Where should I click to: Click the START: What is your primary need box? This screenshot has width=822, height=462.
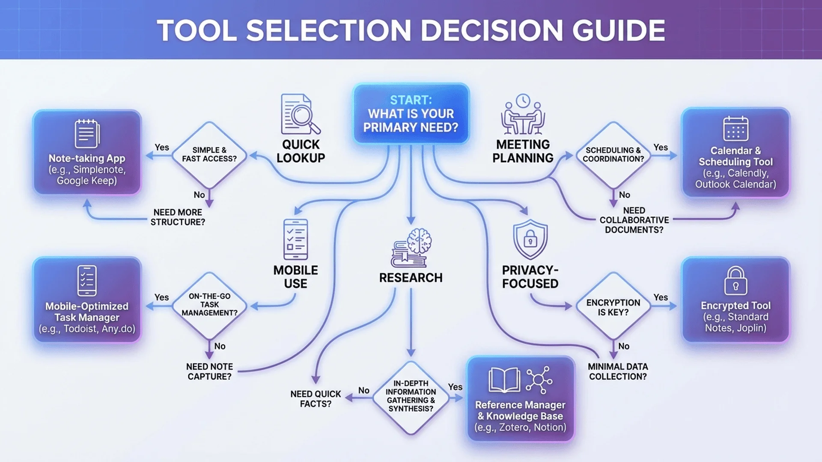coord(411,114)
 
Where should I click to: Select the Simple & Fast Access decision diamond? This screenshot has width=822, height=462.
coord(209,155)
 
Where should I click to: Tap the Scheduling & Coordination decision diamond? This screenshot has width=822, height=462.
coord(613,155)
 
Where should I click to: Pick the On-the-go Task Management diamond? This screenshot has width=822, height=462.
coord(209,305)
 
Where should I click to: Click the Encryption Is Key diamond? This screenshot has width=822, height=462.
coord(613,306)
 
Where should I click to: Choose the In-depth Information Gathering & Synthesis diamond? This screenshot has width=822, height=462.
coord(411,397)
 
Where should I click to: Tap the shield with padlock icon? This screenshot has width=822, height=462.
coord(530,239)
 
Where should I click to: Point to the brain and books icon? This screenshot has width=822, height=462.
coord(411,248)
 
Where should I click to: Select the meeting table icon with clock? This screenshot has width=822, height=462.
coord(523,114)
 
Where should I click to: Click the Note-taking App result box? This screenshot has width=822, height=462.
coord(87,152)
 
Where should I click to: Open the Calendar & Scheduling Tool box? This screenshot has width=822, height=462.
coord(736,153)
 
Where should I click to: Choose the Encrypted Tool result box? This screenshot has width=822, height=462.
coord(736,300)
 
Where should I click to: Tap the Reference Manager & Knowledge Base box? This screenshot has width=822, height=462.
coord(520,399)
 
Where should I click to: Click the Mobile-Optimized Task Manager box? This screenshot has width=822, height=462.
coord(87,300)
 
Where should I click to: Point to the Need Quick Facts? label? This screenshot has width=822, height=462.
coord(316,399)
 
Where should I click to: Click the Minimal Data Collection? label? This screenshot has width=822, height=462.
coord(618,371)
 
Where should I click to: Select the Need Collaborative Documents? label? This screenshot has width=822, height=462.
coord(634,220)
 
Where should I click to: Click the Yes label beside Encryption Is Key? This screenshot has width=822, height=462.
coord(661,297)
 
